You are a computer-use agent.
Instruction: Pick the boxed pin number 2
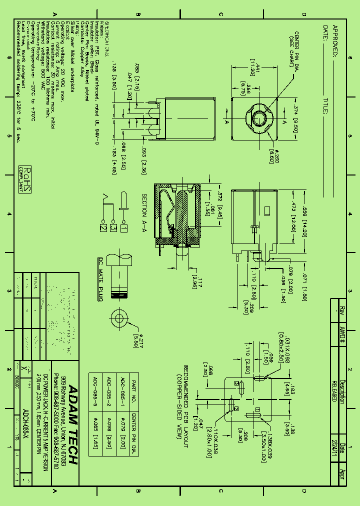[x=103, y=228]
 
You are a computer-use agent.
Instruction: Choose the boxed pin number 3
[x=113, y=228]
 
